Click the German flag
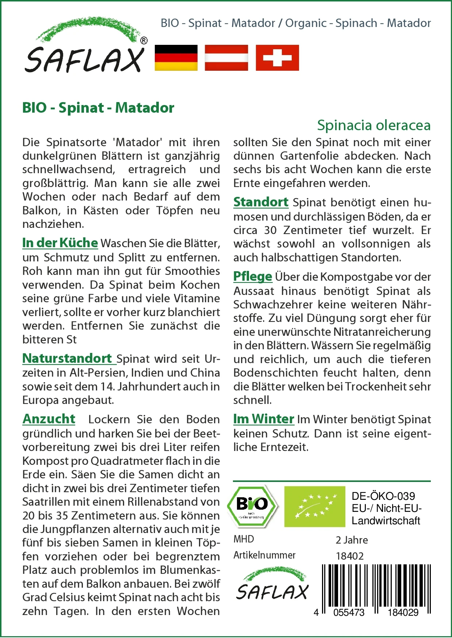coord(176,58)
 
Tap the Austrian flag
coord(226,58)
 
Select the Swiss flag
coord(277,58)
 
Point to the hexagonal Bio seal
coord(252,506)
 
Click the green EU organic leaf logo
coord(315,506)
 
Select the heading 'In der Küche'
coord(60,243)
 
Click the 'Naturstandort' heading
coord(68,358)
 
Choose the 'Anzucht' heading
coord(49,419)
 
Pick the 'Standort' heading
coord(261,202)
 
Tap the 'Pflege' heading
coord(253,276)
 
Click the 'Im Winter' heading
coord(264,419)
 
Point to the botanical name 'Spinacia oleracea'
coord(374,125)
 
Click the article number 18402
coord(350,556)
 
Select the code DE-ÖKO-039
coord(383,496)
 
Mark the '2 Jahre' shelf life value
coord(352,540)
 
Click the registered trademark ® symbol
coord(144,41)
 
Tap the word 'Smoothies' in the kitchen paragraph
coord(192,271)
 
